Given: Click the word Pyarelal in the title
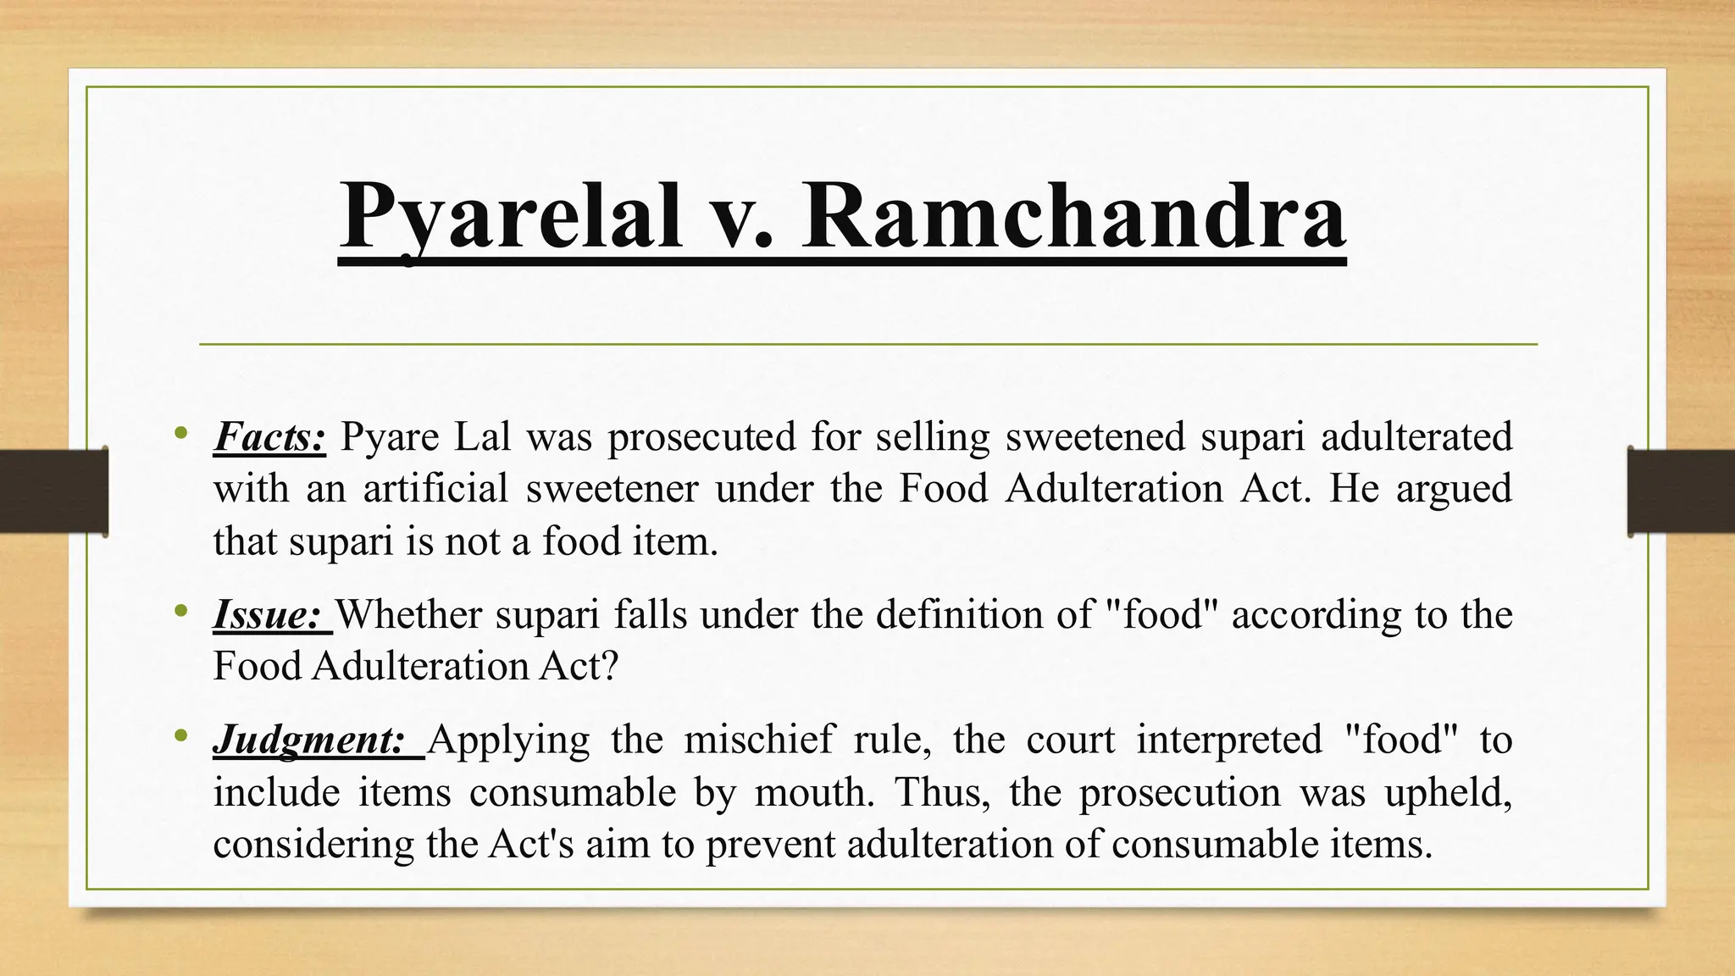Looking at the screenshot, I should tap(512, 216).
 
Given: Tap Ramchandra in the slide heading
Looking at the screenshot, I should tap(1073, 216).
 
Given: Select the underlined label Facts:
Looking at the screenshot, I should tap(269, 437).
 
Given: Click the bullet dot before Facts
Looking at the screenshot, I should tap(180, 434).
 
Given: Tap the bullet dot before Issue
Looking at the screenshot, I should tap(180, 611).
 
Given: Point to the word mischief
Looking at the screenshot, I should tap(759, 739).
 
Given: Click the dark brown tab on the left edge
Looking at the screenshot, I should tap(53, 491).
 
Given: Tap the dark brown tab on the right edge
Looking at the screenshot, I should tap(1681, 491).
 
